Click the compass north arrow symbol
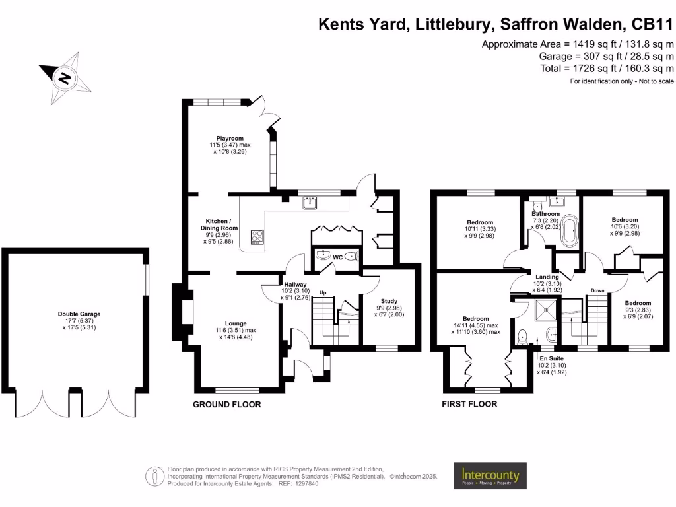(x=65, y=77)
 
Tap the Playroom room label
(x=230, y=138)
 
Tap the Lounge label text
(x=235, y=323)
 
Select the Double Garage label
(x=79, y=314)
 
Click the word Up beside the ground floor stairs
(x=323, y=292)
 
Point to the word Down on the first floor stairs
(x=597, y=290)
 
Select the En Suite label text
(x=553, y=358)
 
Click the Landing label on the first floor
(x=547, y=277)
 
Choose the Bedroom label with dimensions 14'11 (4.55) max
(x=475, y=318)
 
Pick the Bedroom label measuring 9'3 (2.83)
(x=638, y=303)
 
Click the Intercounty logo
(x=489, y=475)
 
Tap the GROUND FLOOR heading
(x=226, y=404)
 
